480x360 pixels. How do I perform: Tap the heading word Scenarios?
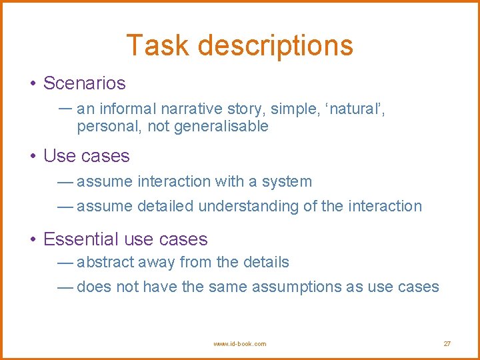(84, 83)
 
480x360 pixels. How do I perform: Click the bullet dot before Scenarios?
(32, 84)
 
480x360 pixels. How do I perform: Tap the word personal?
(103, 126)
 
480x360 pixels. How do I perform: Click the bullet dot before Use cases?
(32, 157)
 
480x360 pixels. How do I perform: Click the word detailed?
(165, 206)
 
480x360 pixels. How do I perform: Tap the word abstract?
(105, 262)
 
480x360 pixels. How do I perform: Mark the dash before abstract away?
(65, 263)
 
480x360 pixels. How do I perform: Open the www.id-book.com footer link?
(239, 344)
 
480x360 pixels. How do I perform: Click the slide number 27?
(447, 344)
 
